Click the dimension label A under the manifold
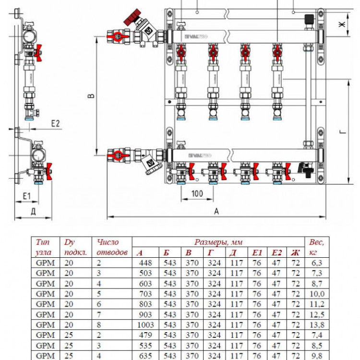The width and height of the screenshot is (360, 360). click(x=216, y=211)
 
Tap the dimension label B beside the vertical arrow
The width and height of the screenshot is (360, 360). click(x=91, y=96)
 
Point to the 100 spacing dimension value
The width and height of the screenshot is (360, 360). click(x=197, y=193)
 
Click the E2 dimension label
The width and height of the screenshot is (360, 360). click(x=55, y=124)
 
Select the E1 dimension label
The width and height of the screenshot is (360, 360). click(x=26, y=196)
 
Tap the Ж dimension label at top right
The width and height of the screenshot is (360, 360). click(x=342, y=24)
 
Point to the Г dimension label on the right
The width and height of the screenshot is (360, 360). click(x=343, y=132)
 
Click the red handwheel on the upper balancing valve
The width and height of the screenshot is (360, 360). click(x=132, y=17)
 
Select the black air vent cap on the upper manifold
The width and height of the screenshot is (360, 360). click(x=309, y=21)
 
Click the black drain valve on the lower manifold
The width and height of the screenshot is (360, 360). click(x=306, y=170)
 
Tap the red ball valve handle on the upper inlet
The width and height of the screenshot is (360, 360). click(x=117, y=37)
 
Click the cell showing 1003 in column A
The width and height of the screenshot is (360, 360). click(x=145, y=324)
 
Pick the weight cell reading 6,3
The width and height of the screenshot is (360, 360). click(x=317, y=263)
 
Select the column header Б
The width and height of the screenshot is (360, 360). click(x=166, y=252)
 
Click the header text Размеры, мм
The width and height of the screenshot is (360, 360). click(x=218, y=242)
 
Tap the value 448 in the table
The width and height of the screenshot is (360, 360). click(x=145, y=263)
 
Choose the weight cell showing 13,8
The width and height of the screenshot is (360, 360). click(x=317, y=324)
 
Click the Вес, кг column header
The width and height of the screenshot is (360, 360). click(x=316, y=247)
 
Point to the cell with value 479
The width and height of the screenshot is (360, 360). click(x=145, y=335)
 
